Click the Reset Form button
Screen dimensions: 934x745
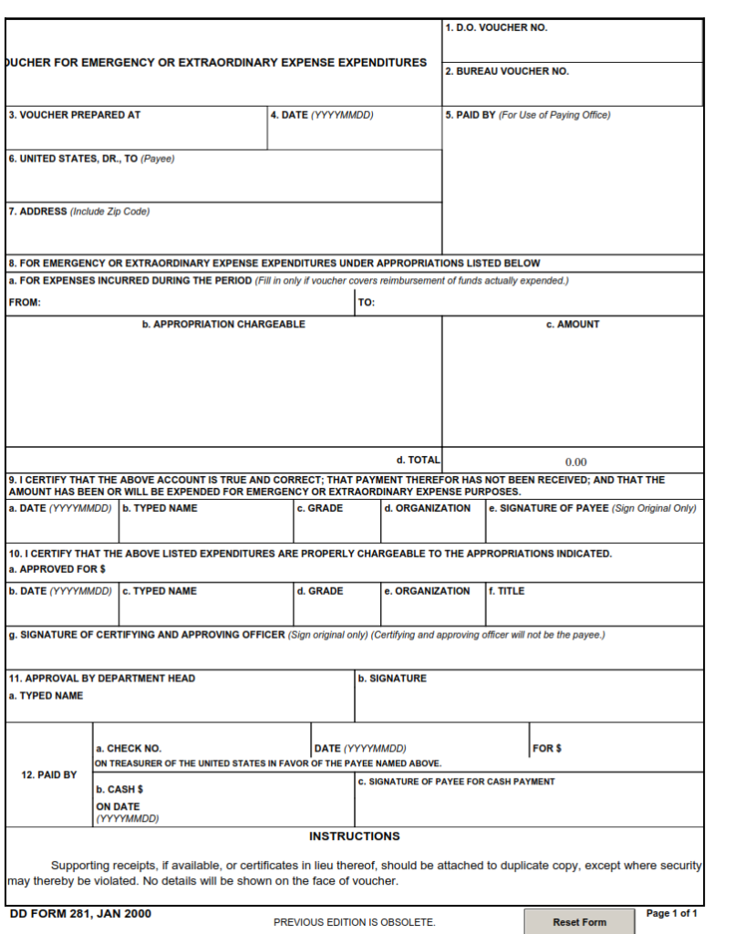(x=579, y=921)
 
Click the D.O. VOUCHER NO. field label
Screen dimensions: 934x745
(x=496, y=28)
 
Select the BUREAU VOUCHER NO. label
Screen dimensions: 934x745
(x=507, y=71)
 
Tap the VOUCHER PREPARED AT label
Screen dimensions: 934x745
(x=75, y=115)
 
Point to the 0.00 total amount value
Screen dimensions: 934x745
(x=575, y=462)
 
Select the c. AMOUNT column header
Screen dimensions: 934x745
(x=573, y=325)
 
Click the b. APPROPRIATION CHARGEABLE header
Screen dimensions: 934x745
(x=223, y=325)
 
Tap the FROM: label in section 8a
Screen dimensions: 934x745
(x=25, y=303)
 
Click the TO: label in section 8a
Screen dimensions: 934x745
(x=367, y=303)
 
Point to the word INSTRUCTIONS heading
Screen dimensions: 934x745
(x=354, y=836)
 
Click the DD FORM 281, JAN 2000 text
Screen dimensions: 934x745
(x=80, y=914)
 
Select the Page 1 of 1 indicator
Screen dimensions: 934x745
(x=672, y=913)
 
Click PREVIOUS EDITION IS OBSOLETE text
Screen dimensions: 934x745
(x=354, y=922)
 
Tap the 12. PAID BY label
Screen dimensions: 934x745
(x=49, y=775)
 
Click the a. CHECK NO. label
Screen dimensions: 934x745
(x=129, y=749)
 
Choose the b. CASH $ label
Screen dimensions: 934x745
(x=119, y=790)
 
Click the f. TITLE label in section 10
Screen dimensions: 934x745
(x=507, y=591)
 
